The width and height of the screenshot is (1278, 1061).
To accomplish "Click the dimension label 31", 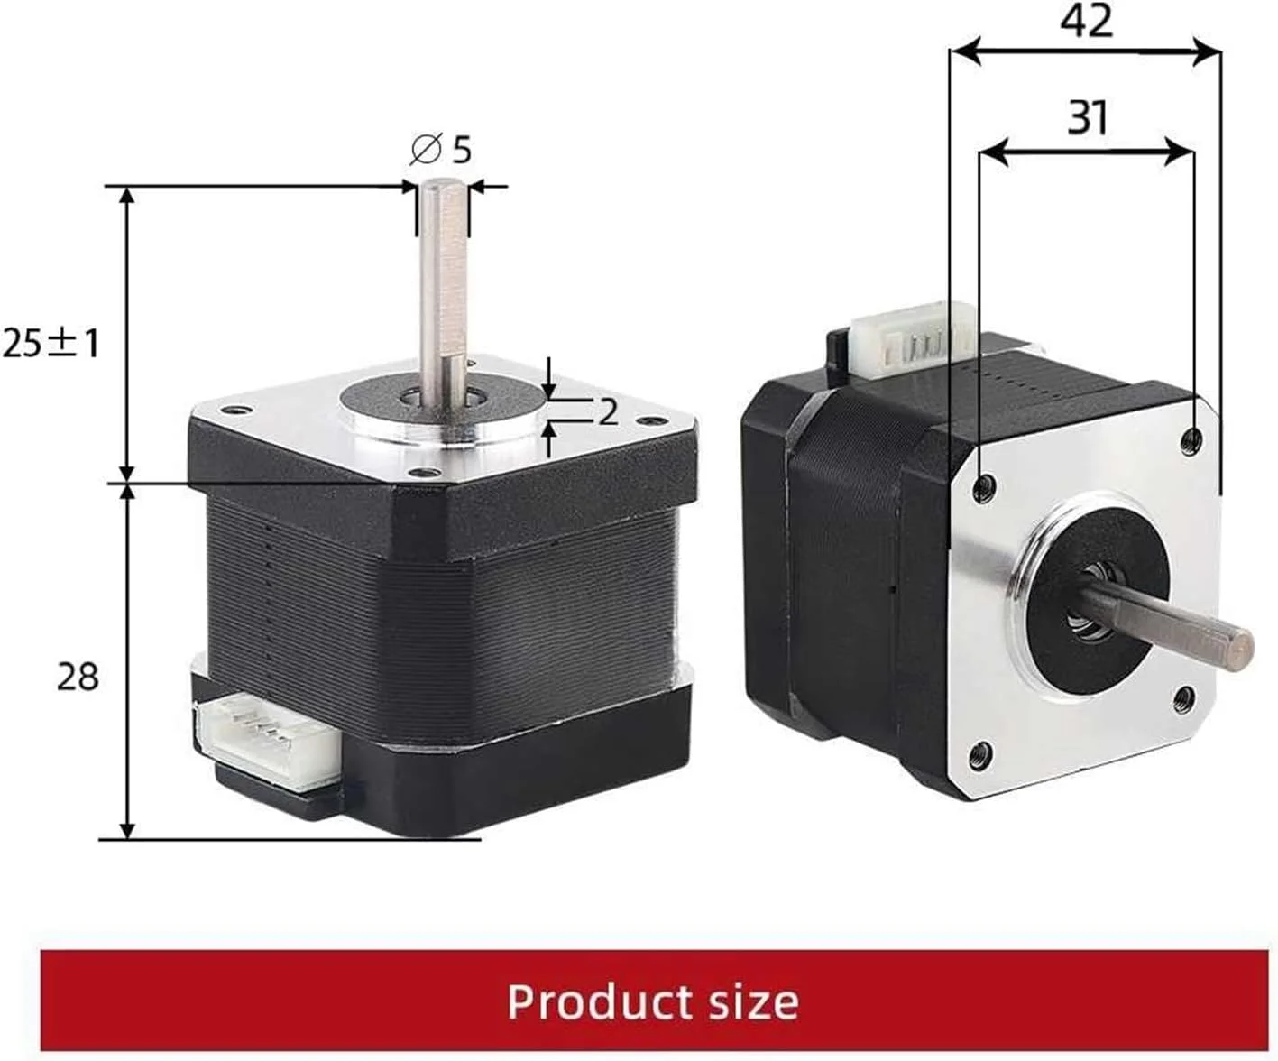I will (x=1087, y=117).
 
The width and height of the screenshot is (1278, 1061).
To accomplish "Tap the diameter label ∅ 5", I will (x=441, y=150).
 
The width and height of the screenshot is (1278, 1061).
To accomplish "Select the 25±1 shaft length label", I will (x=51, y=343).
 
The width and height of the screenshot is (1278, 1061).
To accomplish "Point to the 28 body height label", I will (x=78, y=676).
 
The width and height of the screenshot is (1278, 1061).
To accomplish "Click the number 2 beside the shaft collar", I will (x=608, y=411).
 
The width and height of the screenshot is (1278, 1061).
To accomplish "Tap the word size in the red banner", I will (x=748, y=1001).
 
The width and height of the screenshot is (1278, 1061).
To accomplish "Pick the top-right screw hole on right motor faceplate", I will (x=1191, y=439).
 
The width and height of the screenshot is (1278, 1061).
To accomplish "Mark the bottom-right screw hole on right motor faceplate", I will (x=1184, y=697).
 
